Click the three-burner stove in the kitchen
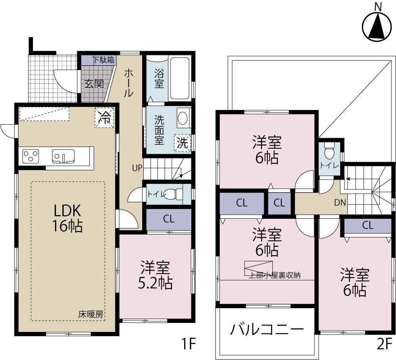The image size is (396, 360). (x=30, y=155)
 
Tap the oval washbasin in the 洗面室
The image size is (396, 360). (x=183, y=118)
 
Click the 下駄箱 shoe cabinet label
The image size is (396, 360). (x=104, y=60)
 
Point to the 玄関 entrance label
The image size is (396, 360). (x=94, y=84)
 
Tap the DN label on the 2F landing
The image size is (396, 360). (x=340, y=203)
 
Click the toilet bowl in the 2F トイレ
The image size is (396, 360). (x=329, y=152)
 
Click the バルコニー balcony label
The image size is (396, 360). (x=267, y=329)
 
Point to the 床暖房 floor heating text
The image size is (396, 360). (x=91, y=315)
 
